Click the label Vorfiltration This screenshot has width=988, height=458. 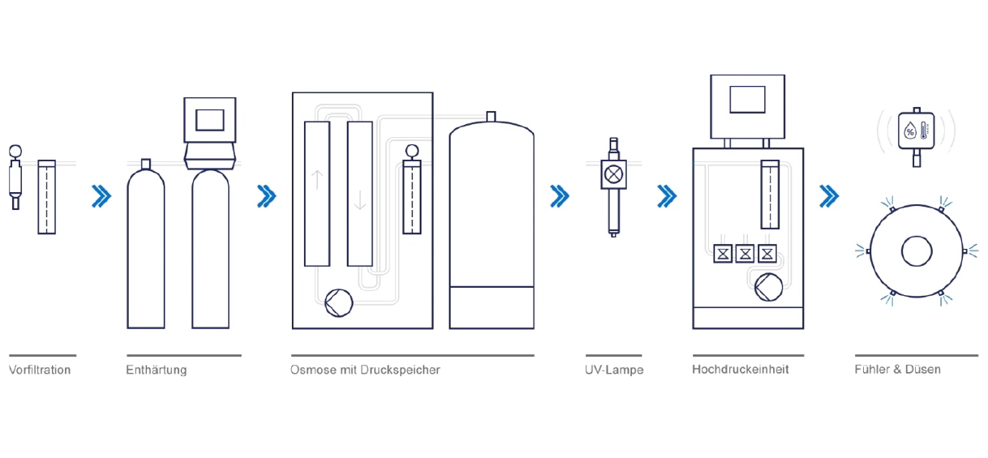40,370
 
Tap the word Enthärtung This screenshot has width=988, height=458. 157,370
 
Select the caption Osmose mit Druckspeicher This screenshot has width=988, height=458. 365,370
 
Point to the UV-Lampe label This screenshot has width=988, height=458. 614,370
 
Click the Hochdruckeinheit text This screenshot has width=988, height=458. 740,369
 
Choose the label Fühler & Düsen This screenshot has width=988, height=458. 897,369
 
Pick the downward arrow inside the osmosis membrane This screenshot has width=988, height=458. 360,200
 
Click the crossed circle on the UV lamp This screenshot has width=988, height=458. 613,173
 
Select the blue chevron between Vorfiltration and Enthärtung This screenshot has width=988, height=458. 101,196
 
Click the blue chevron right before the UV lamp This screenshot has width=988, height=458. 559,196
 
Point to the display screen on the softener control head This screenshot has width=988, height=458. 209,118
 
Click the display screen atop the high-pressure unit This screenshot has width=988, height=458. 746,99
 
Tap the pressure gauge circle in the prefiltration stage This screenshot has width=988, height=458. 15,151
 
